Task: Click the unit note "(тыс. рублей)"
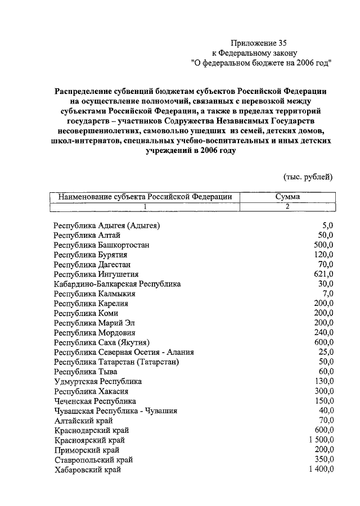(x=308, y=177)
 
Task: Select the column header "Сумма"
(x=287, y=197)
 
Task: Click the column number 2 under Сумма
(x=287, y=206)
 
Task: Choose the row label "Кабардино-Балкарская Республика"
(x=117, y=284)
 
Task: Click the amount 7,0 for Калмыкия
(x=328, y=293)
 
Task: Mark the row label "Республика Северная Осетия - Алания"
(x=124, y=353)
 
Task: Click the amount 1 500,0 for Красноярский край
(x=321, y=440)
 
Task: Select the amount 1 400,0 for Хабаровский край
(x=321, y=469)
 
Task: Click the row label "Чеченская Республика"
(x=95, y=401)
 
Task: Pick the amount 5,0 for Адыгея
(x=328, y=225)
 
